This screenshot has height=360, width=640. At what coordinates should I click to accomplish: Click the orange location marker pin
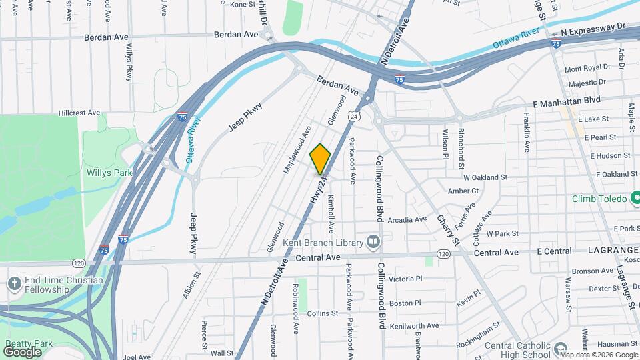[320, 159]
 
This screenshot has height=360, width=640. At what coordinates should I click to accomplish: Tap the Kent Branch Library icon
[373, 242]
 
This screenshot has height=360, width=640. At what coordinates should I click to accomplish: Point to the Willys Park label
[109, 173]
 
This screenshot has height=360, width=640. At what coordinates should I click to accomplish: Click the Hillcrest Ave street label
[79, 113]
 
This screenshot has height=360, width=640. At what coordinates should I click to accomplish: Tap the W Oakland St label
[485, 178]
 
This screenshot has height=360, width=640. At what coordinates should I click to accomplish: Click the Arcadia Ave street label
[407, 219]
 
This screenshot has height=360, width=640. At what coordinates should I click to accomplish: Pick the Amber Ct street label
[463, 191]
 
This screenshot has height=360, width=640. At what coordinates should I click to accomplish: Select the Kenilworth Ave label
[415, 325]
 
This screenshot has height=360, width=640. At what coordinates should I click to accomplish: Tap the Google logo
[23, 351]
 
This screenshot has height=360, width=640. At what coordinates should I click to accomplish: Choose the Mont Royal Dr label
[587, 68]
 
